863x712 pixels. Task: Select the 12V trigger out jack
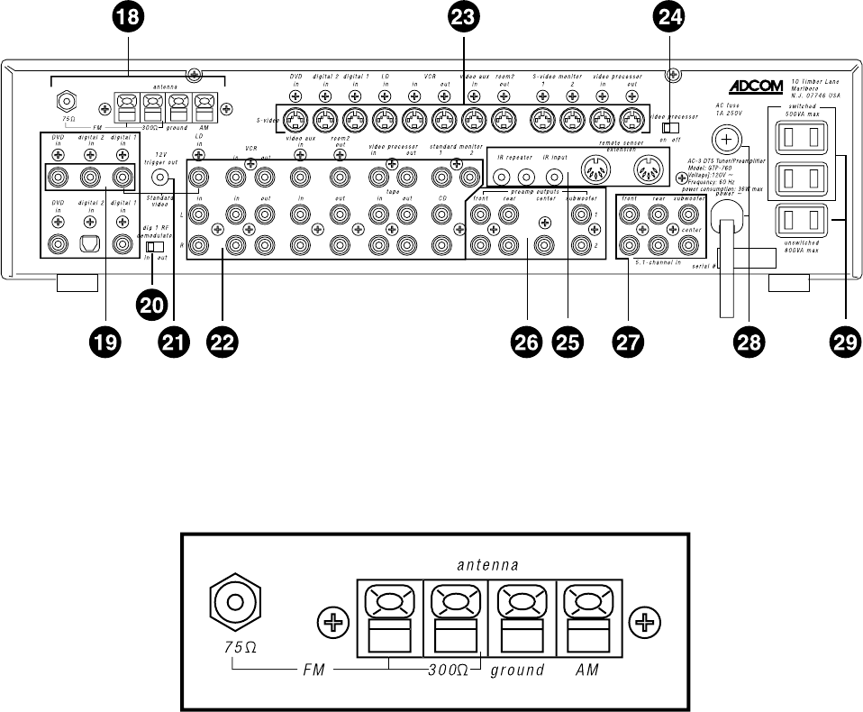point(162,177)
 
